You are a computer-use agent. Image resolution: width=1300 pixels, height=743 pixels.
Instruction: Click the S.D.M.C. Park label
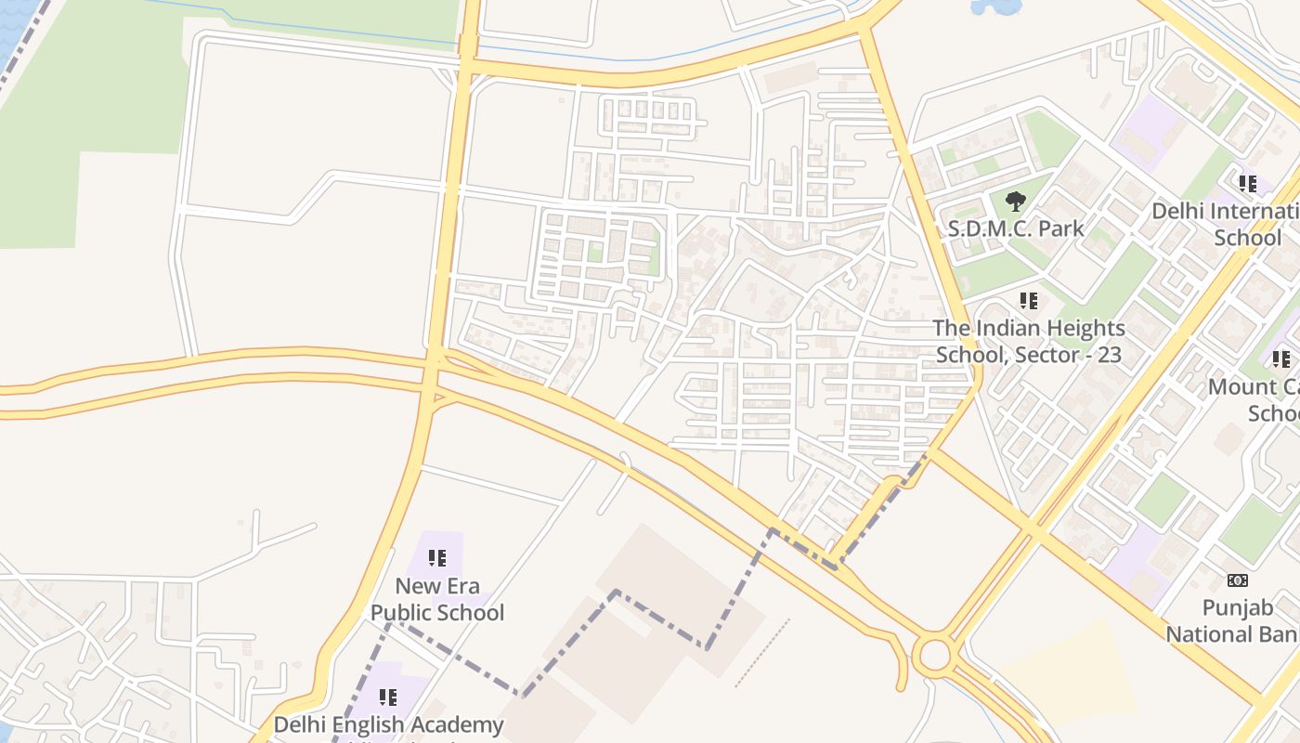[1015, 228]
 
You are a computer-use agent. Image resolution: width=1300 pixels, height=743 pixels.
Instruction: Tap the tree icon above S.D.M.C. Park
[1016, 201]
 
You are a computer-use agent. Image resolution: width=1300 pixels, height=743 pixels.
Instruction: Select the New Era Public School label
[437, 599]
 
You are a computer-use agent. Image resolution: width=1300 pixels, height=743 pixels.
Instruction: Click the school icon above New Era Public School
[437, 558]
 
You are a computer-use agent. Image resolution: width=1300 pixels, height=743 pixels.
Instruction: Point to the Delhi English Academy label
[388, 724]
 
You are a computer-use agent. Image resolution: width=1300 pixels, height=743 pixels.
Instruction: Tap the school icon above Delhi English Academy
[388, 697]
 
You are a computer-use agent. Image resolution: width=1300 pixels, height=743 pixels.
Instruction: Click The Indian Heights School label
[1029, 341]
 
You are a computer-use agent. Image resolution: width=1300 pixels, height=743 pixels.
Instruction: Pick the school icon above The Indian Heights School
[1029, 301]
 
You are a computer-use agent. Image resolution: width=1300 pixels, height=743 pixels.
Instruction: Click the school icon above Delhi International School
[1248, 184]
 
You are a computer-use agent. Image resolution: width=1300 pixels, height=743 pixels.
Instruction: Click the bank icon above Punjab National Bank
[1238, 580]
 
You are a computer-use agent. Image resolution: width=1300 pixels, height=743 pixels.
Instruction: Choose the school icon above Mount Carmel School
[1281, 359]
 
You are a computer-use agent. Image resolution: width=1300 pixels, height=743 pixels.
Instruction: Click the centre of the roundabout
[935, 655]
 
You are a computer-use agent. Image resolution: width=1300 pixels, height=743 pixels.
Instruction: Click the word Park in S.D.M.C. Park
[1054, 228]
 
